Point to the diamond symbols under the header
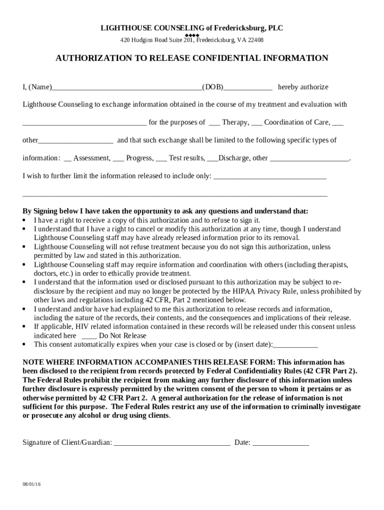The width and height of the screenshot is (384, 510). click(192, 35)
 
